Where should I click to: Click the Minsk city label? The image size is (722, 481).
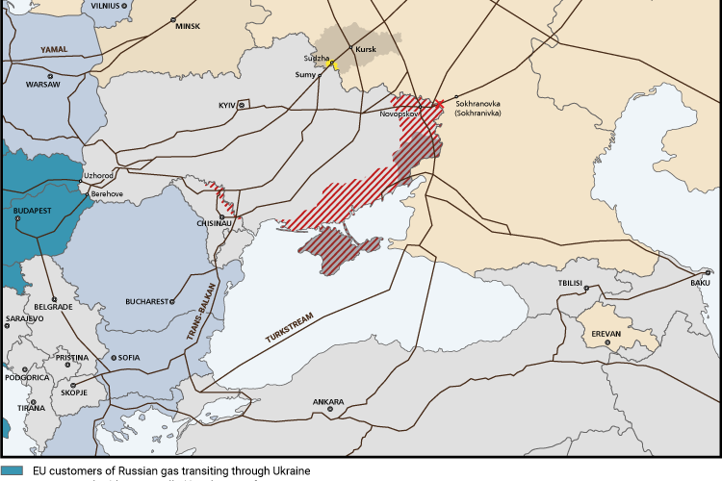(x=187, y=26)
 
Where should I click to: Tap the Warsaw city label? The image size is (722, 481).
(x=42, y=85)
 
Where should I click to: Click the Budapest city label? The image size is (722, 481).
(x=33, y=208)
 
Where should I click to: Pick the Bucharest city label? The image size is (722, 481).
(x=146, y=301)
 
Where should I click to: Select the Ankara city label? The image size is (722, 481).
(x=328, y=402)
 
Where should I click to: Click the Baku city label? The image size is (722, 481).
(x=700, y=283)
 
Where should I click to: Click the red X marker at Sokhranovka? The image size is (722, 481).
(x=439, y=104)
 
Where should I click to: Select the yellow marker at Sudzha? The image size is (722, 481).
(x=333, y=64)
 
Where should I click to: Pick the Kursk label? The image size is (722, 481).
(x=366, y=48)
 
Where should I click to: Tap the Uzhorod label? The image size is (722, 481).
(x=99, y=176)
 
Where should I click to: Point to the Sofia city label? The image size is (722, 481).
(x=129, y=358)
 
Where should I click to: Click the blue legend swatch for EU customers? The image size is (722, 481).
(x=12, y=470)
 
